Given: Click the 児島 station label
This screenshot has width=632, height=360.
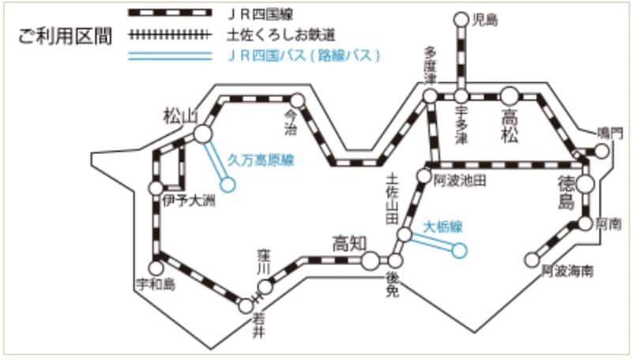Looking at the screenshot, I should pos(485,18).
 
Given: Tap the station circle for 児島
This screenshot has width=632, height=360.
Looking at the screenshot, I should pos(462,19).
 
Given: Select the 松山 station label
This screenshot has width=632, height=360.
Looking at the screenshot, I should pos(179,116).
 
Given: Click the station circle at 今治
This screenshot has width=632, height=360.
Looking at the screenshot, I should pos(298,100).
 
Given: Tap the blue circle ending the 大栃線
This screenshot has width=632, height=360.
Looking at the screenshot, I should pos(460,250).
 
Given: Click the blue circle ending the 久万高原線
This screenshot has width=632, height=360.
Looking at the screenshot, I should pos(228,186).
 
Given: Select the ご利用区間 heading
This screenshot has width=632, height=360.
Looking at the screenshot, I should pos(65,37).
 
